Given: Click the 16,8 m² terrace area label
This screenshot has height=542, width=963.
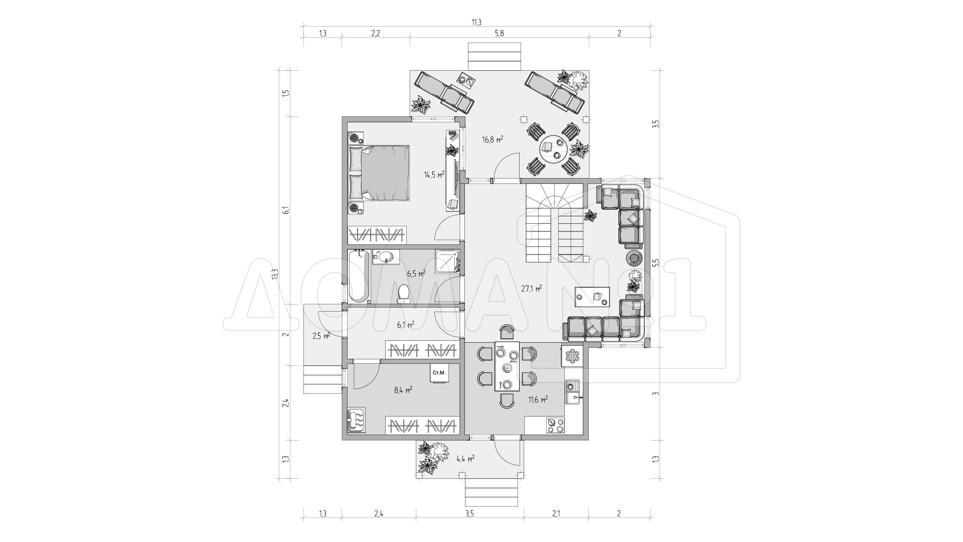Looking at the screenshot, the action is (493, 140).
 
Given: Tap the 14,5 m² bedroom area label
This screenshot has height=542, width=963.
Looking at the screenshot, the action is (434, 175).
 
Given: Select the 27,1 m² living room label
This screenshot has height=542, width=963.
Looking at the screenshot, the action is (531, 289).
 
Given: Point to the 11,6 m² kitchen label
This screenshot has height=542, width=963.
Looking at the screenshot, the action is (537, 399).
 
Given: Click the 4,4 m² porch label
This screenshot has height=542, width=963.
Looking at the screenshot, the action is (465, 458).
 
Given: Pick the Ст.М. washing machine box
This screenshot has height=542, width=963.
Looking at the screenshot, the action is (439, 373).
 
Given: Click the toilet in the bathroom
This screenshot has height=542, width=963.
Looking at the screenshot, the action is (404, 294).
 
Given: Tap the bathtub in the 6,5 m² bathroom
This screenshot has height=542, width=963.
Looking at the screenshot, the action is (359, 277).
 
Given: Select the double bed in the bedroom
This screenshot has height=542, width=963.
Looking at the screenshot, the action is (379, 173).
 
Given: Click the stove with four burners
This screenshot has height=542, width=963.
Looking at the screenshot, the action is (555, 425).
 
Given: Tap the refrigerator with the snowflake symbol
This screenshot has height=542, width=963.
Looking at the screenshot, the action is (572, 356).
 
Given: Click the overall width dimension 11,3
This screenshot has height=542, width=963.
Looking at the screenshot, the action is (476, 22).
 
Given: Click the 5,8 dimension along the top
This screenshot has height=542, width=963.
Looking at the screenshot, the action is (499, 34).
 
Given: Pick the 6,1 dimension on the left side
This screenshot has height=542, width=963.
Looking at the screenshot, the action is (285, 211).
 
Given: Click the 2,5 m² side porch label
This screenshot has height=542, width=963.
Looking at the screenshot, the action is (321, 336).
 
